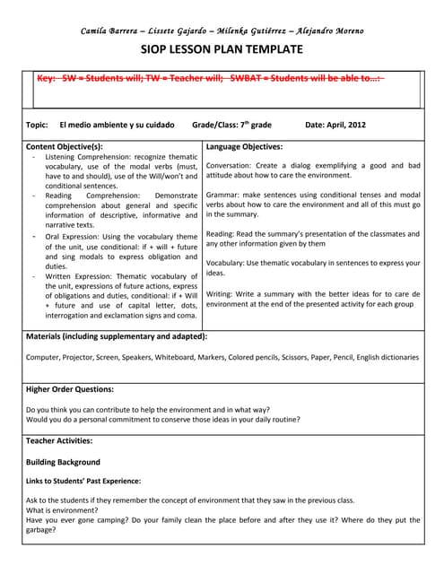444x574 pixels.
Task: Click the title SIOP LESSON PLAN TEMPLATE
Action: [x=222, y=49]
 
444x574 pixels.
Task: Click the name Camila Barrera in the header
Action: [x=110, y=30]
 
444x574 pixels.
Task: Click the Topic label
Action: [x=37, y=125]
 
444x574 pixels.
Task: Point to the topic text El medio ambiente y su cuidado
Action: [x=117, y=125]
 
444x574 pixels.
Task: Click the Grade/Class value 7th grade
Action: [x=252, y=125]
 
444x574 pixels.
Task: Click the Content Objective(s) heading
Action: [x=65, y=146]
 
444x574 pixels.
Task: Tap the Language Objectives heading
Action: [x=244, y=146]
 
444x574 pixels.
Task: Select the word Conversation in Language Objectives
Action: [x=230, y=166]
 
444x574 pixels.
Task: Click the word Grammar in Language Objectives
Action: [x=222, y=195]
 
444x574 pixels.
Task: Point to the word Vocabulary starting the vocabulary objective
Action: [x=225, y=263]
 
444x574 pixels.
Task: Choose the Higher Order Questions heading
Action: [x=70, y=389]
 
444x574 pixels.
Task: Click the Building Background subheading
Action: [x=63, y=462]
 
